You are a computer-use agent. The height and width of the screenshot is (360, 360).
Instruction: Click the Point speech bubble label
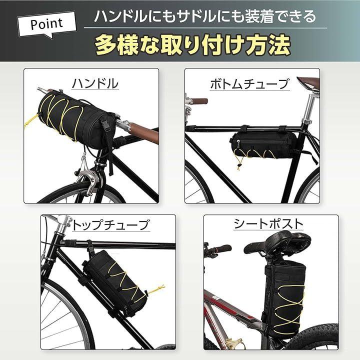coord(47,24)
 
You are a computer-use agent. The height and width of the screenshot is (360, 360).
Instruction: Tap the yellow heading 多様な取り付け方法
coord(193,45)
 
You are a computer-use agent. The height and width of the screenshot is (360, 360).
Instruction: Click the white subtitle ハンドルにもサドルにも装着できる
coord(205,16)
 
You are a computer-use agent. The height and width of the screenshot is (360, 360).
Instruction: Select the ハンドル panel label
coord(95,83)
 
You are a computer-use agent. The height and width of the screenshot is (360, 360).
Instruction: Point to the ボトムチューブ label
coord(249,84)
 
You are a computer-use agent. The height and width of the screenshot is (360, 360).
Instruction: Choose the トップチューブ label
coord(110,225)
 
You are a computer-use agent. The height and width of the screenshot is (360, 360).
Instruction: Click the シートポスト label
coord(268,224)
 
